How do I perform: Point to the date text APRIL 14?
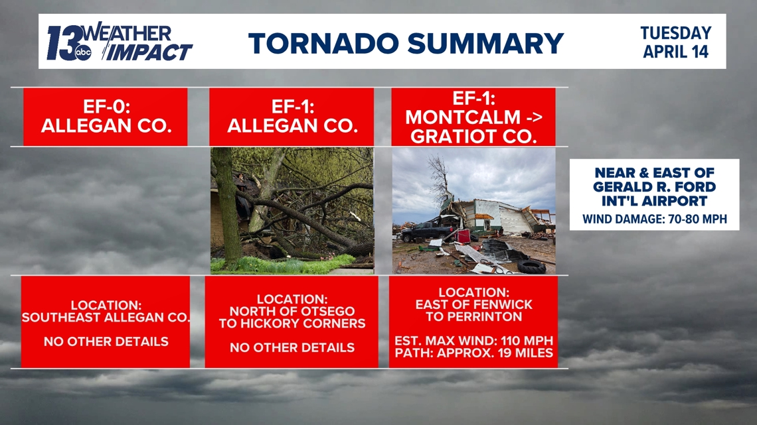676,52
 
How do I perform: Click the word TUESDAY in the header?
675,33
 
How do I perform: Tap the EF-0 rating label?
106,107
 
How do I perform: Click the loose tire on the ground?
531,267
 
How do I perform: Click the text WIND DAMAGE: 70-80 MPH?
654,218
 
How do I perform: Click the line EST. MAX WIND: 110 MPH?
473,341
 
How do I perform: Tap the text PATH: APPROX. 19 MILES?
473,353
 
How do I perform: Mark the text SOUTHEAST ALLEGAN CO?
106,318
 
